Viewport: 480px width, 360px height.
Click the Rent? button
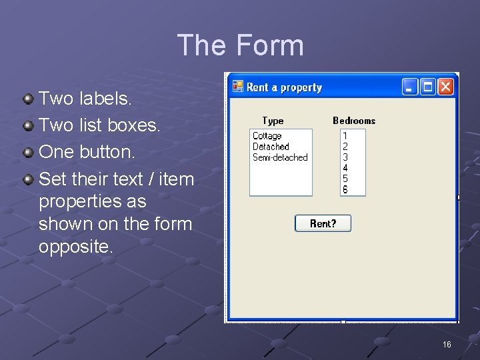(x=323, y=224)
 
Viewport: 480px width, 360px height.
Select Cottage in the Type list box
(x=267, y=136)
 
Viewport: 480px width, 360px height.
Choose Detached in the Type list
(x=271, y=147)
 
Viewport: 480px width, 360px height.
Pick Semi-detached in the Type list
(x=280, y=157)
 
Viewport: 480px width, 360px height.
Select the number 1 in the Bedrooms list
(x=345, y=136)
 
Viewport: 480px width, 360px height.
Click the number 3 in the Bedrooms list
(x=345, y=157)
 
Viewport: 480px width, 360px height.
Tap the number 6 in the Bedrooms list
(x=345, y=189)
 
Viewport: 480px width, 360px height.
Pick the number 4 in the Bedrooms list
(x=345, y=168)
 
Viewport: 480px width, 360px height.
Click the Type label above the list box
(x=273, y=121)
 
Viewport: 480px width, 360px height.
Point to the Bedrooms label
(x=354, y=121)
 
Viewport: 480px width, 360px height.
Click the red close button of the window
(x=445, y=87)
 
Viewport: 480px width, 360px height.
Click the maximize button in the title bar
(x=428, y=87)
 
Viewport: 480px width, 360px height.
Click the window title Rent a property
(x=284, y=87)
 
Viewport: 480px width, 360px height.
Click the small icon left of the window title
(x=238, y=87)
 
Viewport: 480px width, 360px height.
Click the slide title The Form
(x=240, y=45)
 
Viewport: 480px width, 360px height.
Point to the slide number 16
(x=447, y=344)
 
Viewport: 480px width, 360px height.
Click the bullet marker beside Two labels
(x=28, y=99)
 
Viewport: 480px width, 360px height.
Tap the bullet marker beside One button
(x=28, y=153)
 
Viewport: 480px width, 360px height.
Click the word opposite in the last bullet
(x=75, y=246)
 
